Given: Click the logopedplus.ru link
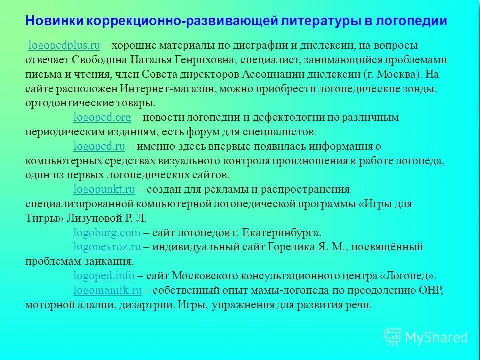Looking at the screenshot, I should (65, 46).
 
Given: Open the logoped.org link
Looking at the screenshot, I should (102, 118).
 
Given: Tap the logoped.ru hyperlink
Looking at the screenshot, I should (99, 146).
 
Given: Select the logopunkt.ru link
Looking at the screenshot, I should (104, 190).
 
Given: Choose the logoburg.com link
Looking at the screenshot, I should (107, 233).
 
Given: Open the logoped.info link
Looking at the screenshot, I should (104, 276).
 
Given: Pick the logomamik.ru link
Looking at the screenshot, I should (107, 290).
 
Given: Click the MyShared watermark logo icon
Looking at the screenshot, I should (392, 337).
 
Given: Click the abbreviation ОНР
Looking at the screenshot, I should (430, 290).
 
